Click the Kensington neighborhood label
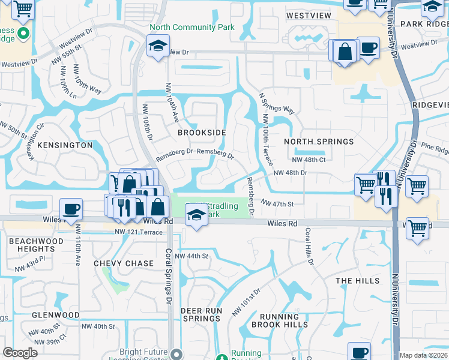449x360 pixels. coord(65,145)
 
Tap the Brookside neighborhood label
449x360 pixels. coord(202,132)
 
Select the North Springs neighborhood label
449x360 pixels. coord(318,142)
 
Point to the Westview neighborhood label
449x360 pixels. coord(309,15)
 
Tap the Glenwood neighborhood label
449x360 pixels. coord(56,315)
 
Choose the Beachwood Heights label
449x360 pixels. coord(32,245)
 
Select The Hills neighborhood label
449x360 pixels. coord(357,281)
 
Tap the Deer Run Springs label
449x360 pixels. coord(202,314)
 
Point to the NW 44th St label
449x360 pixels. coord(191,256)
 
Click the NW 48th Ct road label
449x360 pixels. coord(309,160)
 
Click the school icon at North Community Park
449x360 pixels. coord(157,46)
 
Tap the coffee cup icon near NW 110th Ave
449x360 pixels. coord(71,209)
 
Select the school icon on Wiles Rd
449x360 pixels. coord(196,214)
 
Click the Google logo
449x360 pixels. coord(20,353)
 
